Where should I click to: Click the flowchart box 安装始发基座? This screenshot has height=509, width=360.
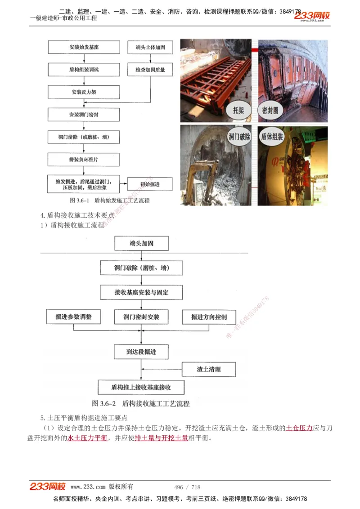tap(84, 47)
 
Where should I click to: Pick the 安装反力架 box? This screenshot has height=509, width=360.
tap(84, 92)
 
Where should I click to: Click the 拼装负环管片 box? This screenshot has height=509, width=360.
tap(84, 159)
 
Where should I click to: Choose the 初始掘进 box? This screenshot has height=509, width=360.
tap(150, 184)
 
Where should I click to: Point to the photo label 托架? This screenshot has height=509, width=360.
tap(238, 110)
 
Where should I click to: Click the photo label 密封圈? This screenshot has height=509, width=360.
tap(271, 110)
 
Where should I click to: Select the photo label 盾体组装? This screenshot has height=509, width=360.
tap(272, 137)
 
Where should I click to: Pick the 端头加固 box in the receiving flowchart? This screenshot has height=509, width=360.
tap(141, 243)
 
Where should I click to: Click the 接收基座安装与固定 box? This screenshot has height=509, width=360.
tap(141, 292)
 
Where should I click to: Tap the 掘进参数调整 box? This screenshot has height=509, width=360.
tap(74, 317)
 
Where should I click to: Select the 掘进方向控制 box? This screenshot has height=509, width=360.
tap(209, 317)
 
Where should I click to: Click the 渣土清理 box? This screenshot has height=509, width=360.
tap(209, 369)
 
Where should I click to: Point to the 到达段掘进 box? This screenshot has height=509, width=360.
tap(141, 352)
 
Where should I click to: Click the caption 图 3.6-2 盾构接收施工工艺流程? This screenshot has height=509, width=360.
tap(141, 403)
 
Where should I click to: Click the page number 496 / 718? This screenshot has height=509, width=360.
tap(187, 487)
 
